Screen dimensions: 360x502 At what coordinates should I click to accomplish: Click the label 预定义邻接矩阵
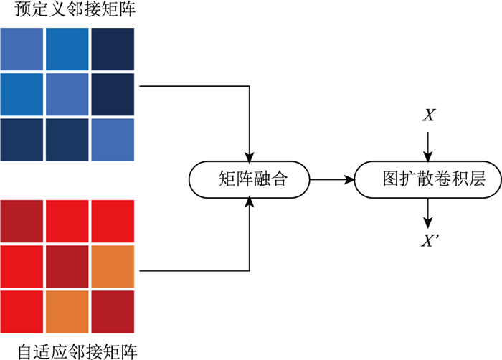click(x=68, y=11)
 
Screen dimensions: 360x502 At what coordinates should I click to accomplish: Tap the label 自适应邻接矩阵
click(x=68, y=351)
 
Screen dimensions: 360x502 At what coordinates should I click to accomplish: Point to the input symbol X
click(x=428, y=115)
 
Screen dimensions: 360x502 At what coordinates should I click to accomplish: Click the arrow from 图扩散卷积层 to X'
click(x=428, y=212)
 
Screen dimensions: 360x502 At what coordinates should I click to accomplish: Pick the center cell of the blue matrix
click(x=67, y=94)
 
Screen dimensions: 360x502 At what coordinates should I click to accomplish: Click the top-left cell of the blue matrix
click(x=22, y=49)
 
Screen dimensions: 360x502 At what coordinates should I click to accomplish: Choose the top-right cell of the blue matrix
click(x=113, y=49)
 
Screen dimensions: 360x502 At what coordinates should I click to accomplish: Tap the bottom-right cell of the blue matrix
click(x=113, y=139)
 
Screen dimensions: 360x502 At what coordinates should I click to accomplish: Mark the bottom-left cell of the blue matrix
click(x=22, y=139)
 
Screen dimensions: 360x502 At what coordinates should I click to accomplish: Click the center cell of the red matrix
click(x=67, y=267)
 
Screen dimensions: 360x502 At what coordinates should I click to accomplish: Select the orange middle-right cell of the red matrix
click(x=113, y=267)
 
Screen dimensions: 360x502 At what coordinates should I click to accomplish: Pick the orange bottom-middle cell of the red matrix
click(x=67, y=311)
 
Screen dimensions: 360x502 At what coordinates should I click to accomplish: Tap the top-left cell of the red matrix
click(x=22, y=222)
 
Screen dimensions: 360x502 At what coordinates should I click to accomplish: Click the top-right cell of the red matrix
click(x=113, y=222)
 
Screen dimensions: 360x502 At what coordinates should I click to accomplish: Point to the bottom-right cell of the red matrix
click(x=113, y=311)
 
